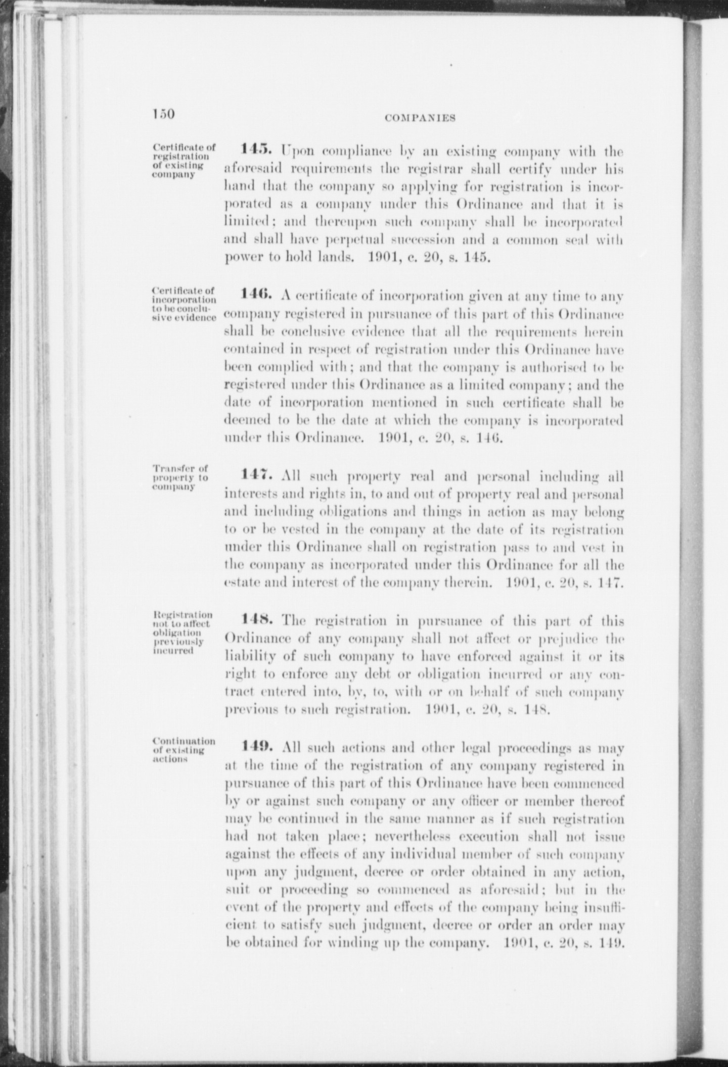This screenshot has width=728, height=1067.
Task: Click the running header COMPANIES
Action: coord(420,118)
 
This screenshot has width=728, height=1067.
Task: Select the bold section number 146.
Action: coord(256,294)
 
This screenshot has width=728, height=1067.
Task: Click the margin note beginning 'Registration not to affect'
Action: coord(182,633)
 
